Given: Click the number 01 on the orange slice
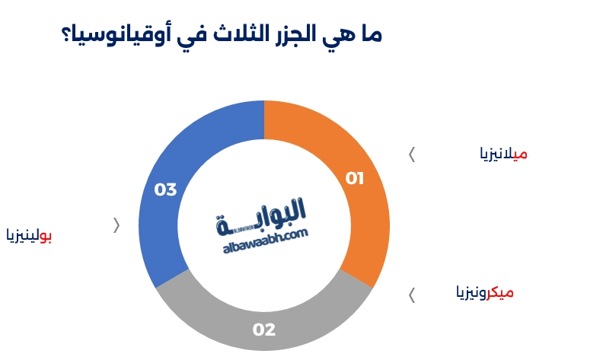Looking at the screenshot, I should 355,179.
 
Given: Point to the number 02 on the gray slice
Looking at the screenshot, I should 263,330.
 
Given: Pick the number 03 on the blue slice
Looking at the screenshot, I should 165,190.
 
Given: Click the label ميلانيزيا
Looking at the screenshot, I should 503,154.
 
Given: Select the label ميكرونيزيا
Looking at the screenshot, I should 484,292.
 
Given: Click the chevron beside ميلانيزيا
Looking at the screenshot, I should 412,155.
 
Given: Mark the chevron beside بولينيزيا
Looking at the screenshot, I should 116,225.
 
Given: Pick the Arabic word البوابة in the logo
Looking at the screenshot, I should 263,213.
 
